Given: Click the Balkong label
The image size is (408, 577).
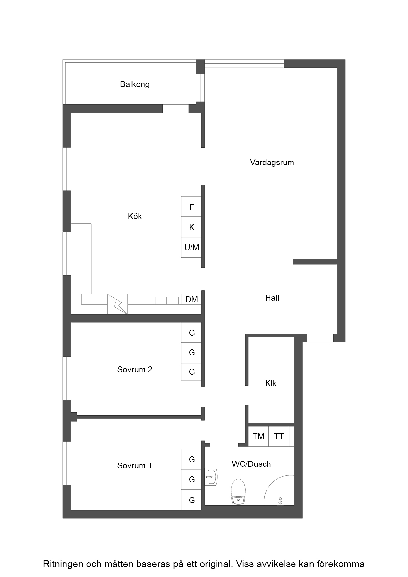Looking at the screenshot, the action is [135, 84].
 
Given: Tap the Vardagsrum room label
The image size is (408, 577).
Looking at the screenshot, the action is [272, 163].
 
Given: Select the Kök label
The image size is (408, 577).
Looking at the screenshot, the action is [135, 216].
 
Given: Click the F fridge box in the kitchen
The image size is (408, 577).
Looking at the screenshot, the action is [191, 207].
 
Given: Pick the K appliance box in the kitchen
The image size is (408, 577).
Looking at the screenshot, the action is [191, 227].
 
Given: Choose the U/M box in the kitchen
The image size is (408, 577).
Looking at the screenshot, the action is [191, 247].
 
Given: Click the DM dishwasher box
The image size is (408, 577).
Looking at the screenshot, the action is [191, 299].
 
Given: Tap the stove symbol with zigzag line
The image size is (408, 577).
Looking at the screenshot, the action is [117, 304].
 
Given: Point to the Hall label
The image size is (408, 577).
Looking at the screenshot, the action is [272, 298].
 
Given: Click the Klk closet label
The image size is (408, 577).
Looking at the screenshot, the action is [271, 383].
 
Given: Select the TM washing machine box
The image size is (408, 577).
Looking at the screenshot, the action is [259, 437].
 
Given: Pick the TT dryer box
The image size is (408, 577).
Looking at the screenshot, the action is [279, 437].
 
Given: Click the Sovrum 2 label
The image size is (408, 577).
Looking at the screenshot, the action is [135, 370].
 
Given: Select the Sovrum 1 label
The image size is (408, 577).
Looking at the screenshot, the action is [135, 466].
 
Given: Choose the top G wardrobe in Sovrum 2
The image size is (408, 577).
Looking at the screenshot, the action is [191, 333].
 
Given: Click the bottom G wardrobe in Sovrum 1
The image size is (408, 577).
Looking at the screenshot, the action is [191, 500].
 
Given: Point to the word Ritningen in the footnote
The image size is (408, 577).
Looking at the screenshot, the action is [63, 564].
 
